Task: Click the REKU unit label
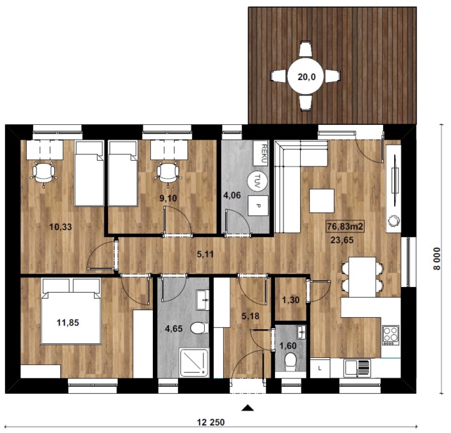click(x=260, y=153)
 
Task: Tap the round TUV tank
click(x=257, y=180)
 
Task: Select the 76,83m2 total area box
click(x=345, y=226)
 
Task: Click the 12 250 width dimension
click(x=211, y=422)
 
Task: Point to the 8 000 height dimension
click(x=437, y=259)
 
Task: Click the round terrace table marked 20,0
click(x=306, y=77)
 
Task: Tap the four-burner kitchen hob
click(x=391, y=335)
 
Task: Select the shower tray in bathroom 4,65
click(x=194, y=363)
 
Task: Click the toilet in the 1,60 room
click(x=290, y=362)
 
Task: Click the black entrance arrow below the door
click(x=248, y=407)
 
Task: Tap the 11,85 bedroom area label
click(x=68, y=323)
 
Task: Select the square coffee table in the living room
click(x=322, y=200)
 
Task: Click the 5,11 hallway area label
click(x=205, y=254)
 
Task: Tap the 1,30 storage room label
click(x=291, y=300)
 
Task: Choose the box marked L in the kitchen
click(x=320, y=368)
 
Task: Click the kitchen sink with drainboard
click(x=358, y=368)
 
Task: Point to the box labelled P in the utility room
click(x=258, y=206)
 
